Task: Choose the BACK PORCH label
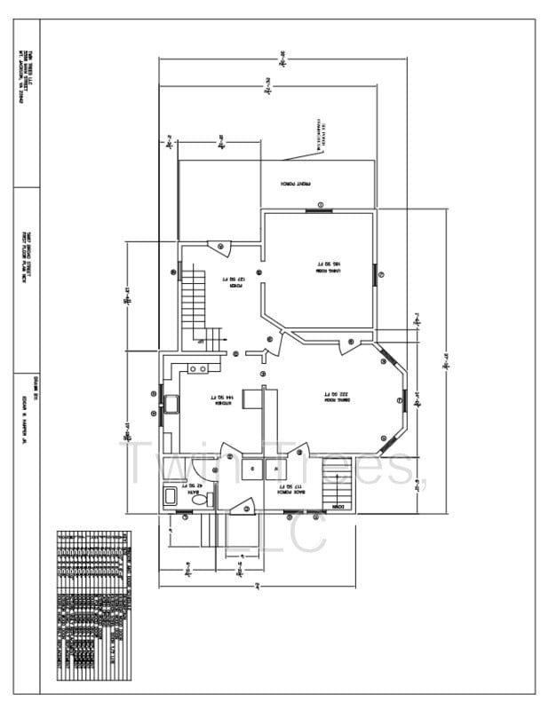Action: [291, 487]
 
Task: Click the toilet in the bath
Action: [200, 501]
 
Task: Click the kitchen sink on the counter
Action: [171, 405]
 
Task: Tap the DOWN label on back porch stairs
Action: [339, 507]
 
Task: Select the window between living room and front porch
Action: [319, 210]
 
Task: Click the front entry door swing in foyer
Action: [219, 248]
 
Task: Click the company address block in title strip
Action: [28, 76]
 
